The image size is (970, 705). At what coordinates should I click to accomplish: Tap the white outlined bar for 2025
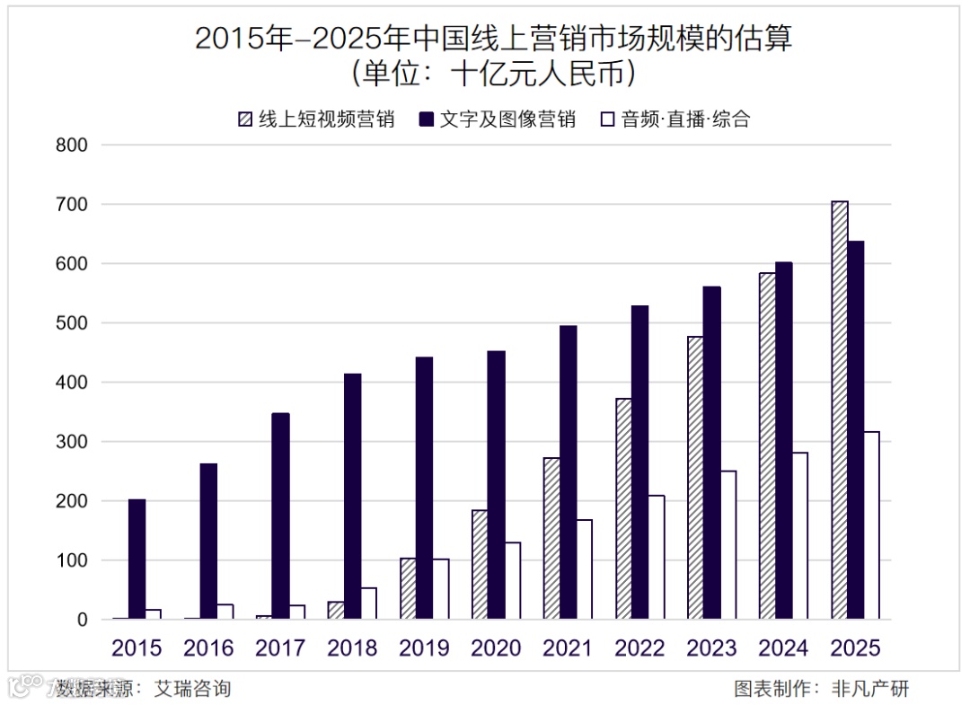(x=870, y=525)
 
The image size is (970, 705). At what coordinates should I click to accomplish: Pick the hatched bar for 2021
(x=551, y=538)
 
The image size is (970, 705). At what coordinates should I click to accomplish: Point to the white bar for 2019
(x=440, y=589)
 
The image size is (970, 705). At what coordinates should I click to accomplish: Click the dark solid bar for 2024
(x=783, y=440)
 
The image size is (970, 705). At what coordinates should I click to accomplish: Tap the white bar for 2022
(x=656, y=557)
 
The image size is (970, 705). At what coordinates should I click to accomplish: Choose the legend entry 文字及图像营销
(x=507, y=119)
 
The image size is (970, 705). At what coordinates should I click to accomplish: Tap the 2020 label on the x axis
(x=496, y=648)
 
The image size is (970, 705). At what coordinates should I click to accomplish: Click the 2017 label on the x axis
(x=279, y=648)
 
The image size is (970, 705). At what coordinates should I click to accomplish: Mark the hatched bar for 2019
(x=409, y=588)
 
